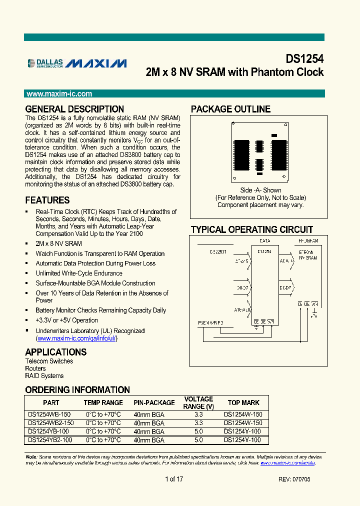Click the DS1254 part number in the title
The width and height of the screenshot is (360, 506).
tap(304, 58)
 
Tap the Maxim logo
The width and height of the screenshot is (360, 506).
tap(96, 63)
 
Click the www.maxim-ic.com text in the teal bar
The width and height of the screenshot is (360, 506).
tap(59, 94)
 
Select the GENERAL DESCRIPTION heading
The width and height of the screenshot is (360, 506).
tap(74, 109)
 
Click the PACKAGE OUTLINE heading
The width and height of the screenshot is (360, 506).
tap(230, 109)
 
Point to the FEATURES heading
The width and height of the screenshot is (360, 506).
tap(47, 200)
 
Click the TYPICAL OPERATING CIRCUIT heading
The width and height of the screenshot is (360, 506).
tap(252, 230)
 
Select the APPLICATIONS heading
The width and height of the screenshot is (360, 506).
tap(56, 352)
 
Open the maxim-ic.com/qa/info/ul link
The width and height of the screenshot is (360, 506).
tap(77, 338)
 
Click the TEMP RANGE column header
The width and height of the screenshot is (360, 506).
tap(103, 402)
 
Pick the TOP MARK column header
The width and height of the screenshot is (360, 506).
tap(243, 402)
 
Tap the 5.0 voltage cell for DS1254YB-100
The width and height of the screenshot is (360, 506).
tap(198, 431)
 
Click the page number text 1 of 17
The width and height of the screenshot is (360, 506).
tap(174, 479)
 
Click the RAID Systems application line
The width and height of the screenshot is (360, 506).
tap(44, 375)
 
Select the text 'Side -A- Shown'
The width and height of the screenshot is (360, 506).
tap(260, 190)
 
